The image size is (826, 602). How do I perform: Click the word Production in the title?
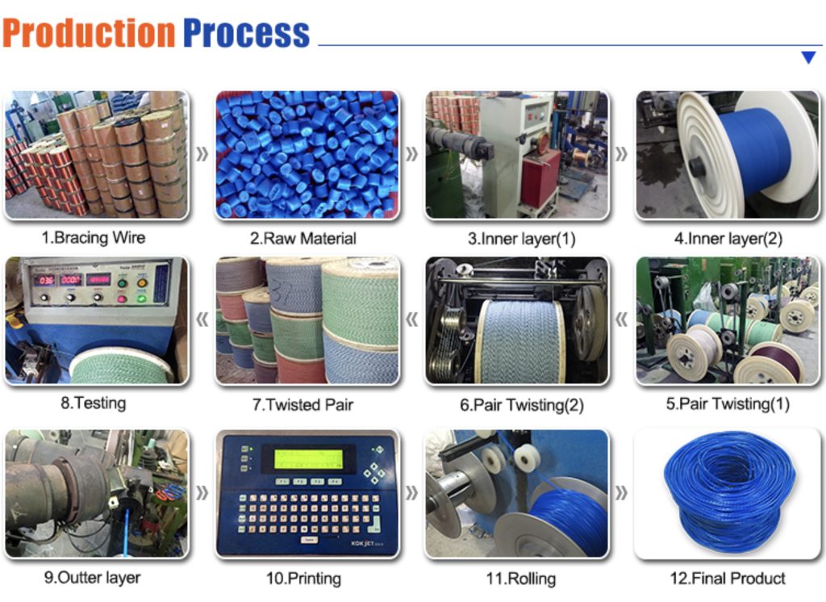[89, 33]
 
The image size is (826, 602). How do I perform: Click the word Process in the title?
[246, 33]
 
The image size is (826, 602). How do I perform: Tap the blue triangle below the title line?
[808, 57]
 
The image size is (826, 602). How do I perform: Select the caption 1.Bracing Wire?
[94, 238]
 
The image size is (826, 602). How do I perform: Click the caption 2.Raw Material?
[303, 238]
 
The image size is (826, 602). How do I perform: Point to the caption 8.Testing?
[94, 403]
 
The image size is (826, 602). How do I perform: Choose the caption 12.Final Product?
[728, 579]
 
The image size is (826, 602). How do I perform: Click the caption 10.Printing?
[303, 579]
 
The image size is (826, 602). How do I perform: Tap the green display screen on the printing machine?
[308, 459]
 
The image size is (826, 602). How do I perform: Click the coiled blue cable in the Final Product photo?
[729, 493]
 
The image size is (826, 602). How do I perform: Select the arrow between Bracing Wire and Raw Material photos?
[202, 154]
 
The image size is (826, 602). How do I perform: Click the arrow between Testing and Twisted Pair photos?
[202, 319]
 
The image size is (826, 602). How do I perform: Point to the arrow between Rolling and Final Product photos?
[622, 493]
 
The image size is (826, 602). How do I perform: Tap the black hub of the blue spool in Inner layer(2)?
[698, 168]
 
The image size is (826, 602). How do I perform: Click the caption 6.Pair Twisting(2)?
[522, 405]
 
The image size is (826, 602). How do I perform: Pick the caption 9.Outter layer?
[92, 578]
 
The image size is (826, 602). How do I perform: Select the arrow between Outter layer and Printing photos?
[202, 493]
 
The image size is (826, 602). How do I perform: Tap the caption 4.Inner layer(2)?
[728, 238]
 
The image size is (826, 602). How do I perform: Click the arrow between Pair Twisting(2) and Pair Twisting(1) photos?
[622, 319]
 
